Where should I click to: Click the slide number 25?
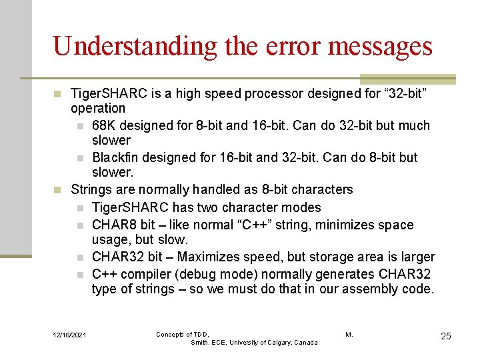coord(445,336)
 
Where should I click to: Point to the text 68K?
coord(103,125)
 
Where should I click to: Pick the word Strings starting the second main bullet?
coord(92,189)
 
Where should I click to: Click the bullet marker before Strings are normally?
coord(58,189)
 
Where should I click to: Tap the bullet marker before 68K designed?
coord(79,126)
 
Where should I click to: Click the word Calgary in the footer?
coord(274,342)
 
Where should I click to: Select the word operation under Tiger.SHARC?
coord(98,108)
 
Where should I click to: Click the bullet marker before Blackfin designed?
coord(79,158)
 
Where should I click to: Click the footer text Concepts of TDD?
coord(183,334)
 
